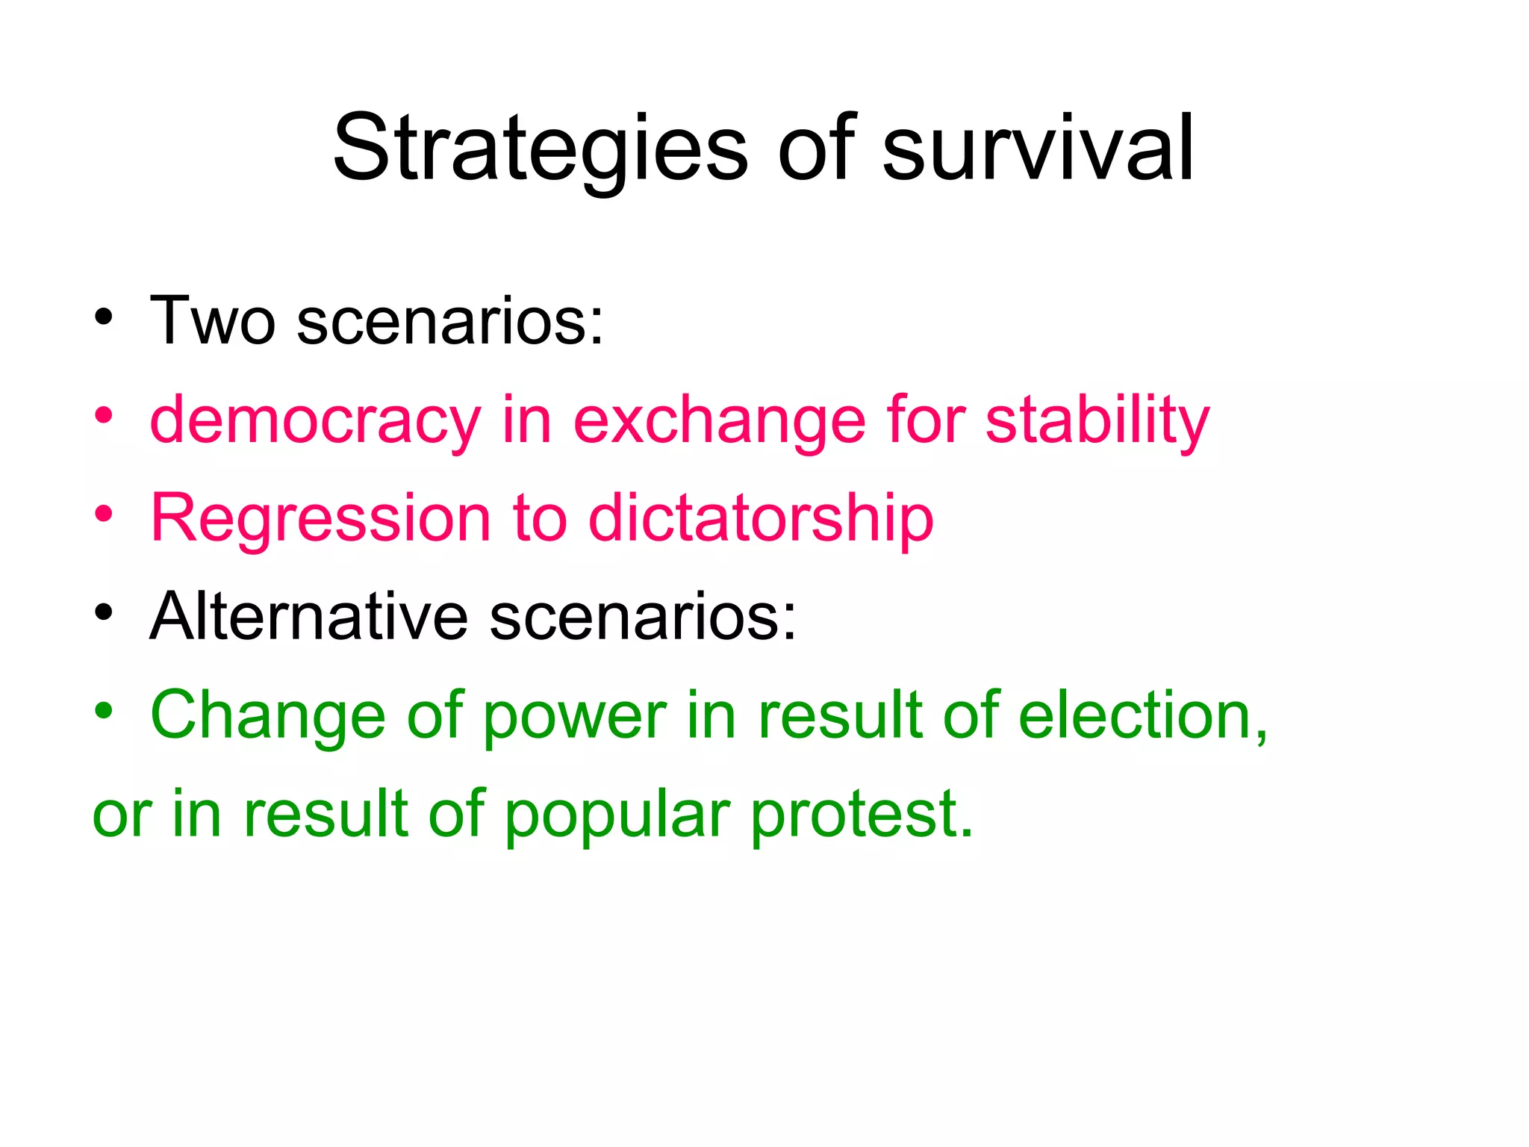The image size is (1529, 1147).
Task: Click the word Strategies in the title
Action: click(539, 149)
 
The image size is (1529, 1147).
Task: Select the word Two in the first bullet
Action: click(213, 321)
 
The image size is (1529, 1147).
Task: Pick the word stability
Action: click(1097, 420)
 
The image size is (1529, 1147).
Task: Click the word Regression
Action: click(320, 518)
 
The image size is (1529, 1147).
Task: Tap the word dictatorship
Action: click(761, 518)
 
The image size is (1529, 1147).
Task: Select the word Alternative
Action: click(308, 617)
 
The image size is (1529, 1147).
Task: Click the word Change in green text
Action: click(268, 715)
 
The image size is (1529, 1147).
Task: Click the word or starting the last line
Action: click(122, 815)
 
